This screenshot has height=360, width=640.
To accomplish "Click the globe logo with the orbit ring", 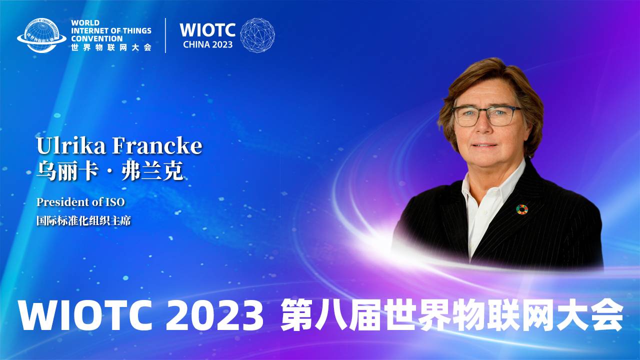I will click(41, 35).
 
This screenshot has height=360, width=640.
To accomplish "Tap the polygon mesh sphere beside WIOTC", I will click(257, 35).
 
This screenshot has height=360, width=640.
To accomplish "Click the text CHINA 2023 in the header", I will click(207, 44).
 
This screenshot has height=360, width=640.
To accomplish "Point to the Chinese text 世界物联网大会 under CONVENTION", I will click(111, 47).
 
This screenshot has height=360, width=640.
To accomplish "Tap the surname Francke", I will click(157, 146).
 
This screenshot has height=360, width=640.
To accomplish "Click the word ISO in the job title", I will click(114, 202).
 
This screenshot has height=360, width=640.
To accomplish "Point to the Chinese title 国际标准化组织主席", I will click(83, 220).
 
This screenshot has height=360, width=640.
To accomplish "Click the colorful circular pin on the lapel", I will click(522, 209).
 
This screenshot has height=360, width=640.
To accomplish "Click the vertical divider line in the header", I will click(165, 35).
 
